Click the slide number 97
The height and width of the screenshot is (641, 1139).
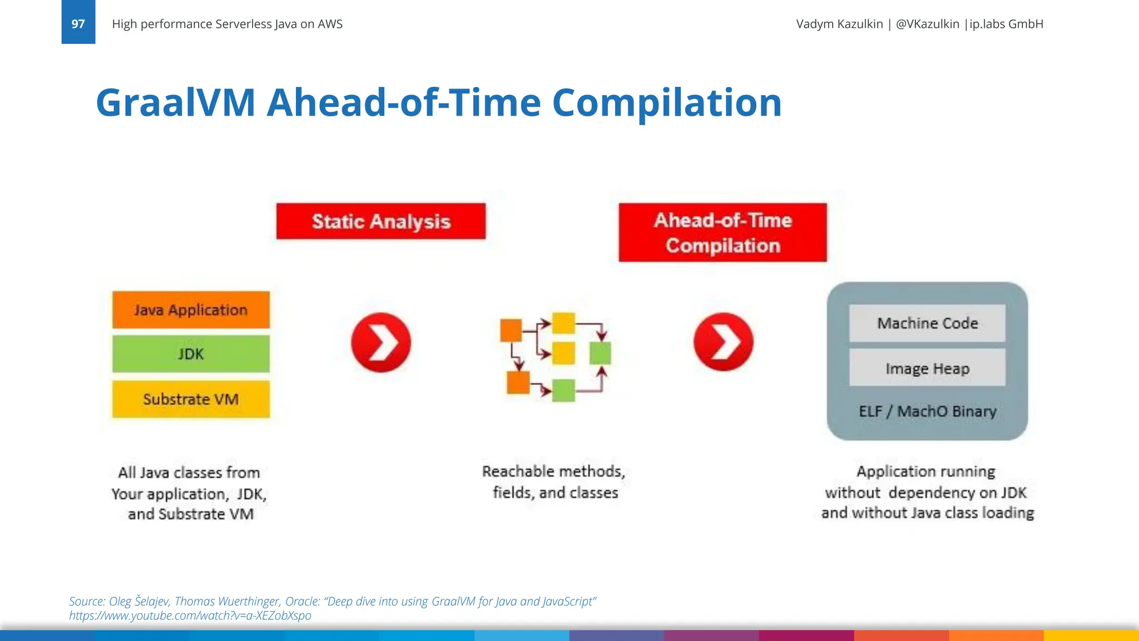(78, 23)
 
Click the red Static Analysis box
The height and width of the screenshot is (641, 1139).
(381, 221)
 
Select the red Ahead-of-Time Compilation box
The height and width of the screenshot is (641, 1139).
(722, 233)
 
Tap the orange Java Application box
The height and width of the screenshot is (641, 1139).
(191, 310)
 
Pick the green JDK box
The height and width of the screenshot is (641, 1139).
(191, 354)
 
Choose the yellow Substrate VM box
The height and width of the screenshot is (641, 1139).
(191, 399)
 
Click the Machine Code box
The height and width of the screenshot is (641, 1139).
(927, 323)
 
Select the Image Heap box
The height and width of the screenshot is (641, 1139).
(927, 368)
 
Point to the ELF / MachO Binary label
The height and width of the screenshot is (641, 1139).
(927, 411)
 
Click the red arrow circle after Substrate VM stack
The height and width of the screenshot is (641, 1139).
(381, 342)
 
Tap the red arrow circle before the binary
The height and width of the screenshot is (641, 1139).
(723, 342)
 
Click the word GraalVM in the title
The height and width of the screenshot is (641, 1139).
(175, 103)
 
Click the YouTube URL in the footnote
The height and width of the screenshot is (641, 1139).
(190, 615)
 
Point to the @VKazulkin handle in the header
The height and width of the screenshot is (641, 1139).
(927, 24)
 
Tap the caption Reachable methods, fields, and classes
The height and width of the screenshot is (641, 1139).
(554, 482)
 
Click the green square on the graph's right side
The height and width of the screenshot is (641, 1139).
(600, 353)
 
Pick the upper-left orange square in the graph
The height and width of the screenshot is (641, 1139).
(511, 331)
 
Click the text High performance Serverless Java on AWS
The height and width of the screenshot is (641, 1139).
(227, 24)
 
